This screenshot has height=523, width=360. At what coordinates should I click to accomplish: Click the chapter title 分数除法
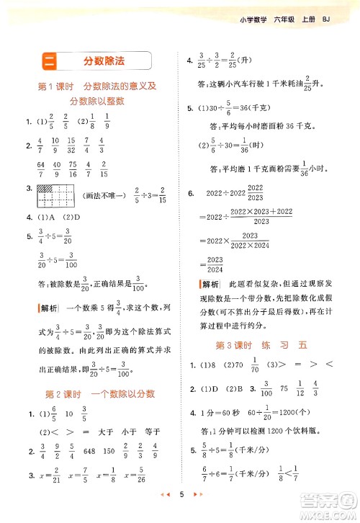[x=104, y=60]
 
